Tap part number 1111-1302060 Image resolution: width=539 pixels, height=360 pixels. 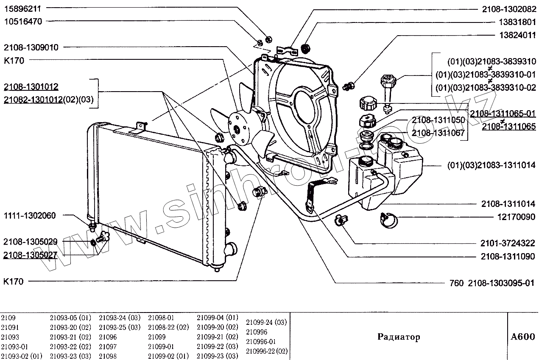pos(29,215)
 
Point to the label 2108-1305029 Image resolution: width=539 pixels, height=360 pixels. pos(30,241)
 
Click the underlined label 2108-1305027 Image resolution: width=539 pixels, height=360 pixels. pos(30,255)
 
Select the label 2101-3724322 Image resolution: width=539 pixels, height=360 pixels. pos(508,243)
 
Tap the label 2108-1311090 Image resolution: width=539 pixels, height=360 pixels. pos(508,257)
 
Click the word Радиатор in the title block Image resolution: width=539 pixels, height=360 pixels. pos(399,337)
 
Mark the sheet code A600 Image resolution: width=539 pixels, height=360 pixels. pos(522,337)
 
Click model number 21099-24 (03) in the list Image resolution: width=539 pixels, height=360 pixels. pos(266,322)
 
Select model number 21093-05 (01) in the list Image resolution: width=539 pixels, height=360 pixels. pos(70,318)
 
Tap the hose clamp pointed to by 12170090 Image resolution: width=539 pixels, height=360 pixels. pos(389,218)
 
